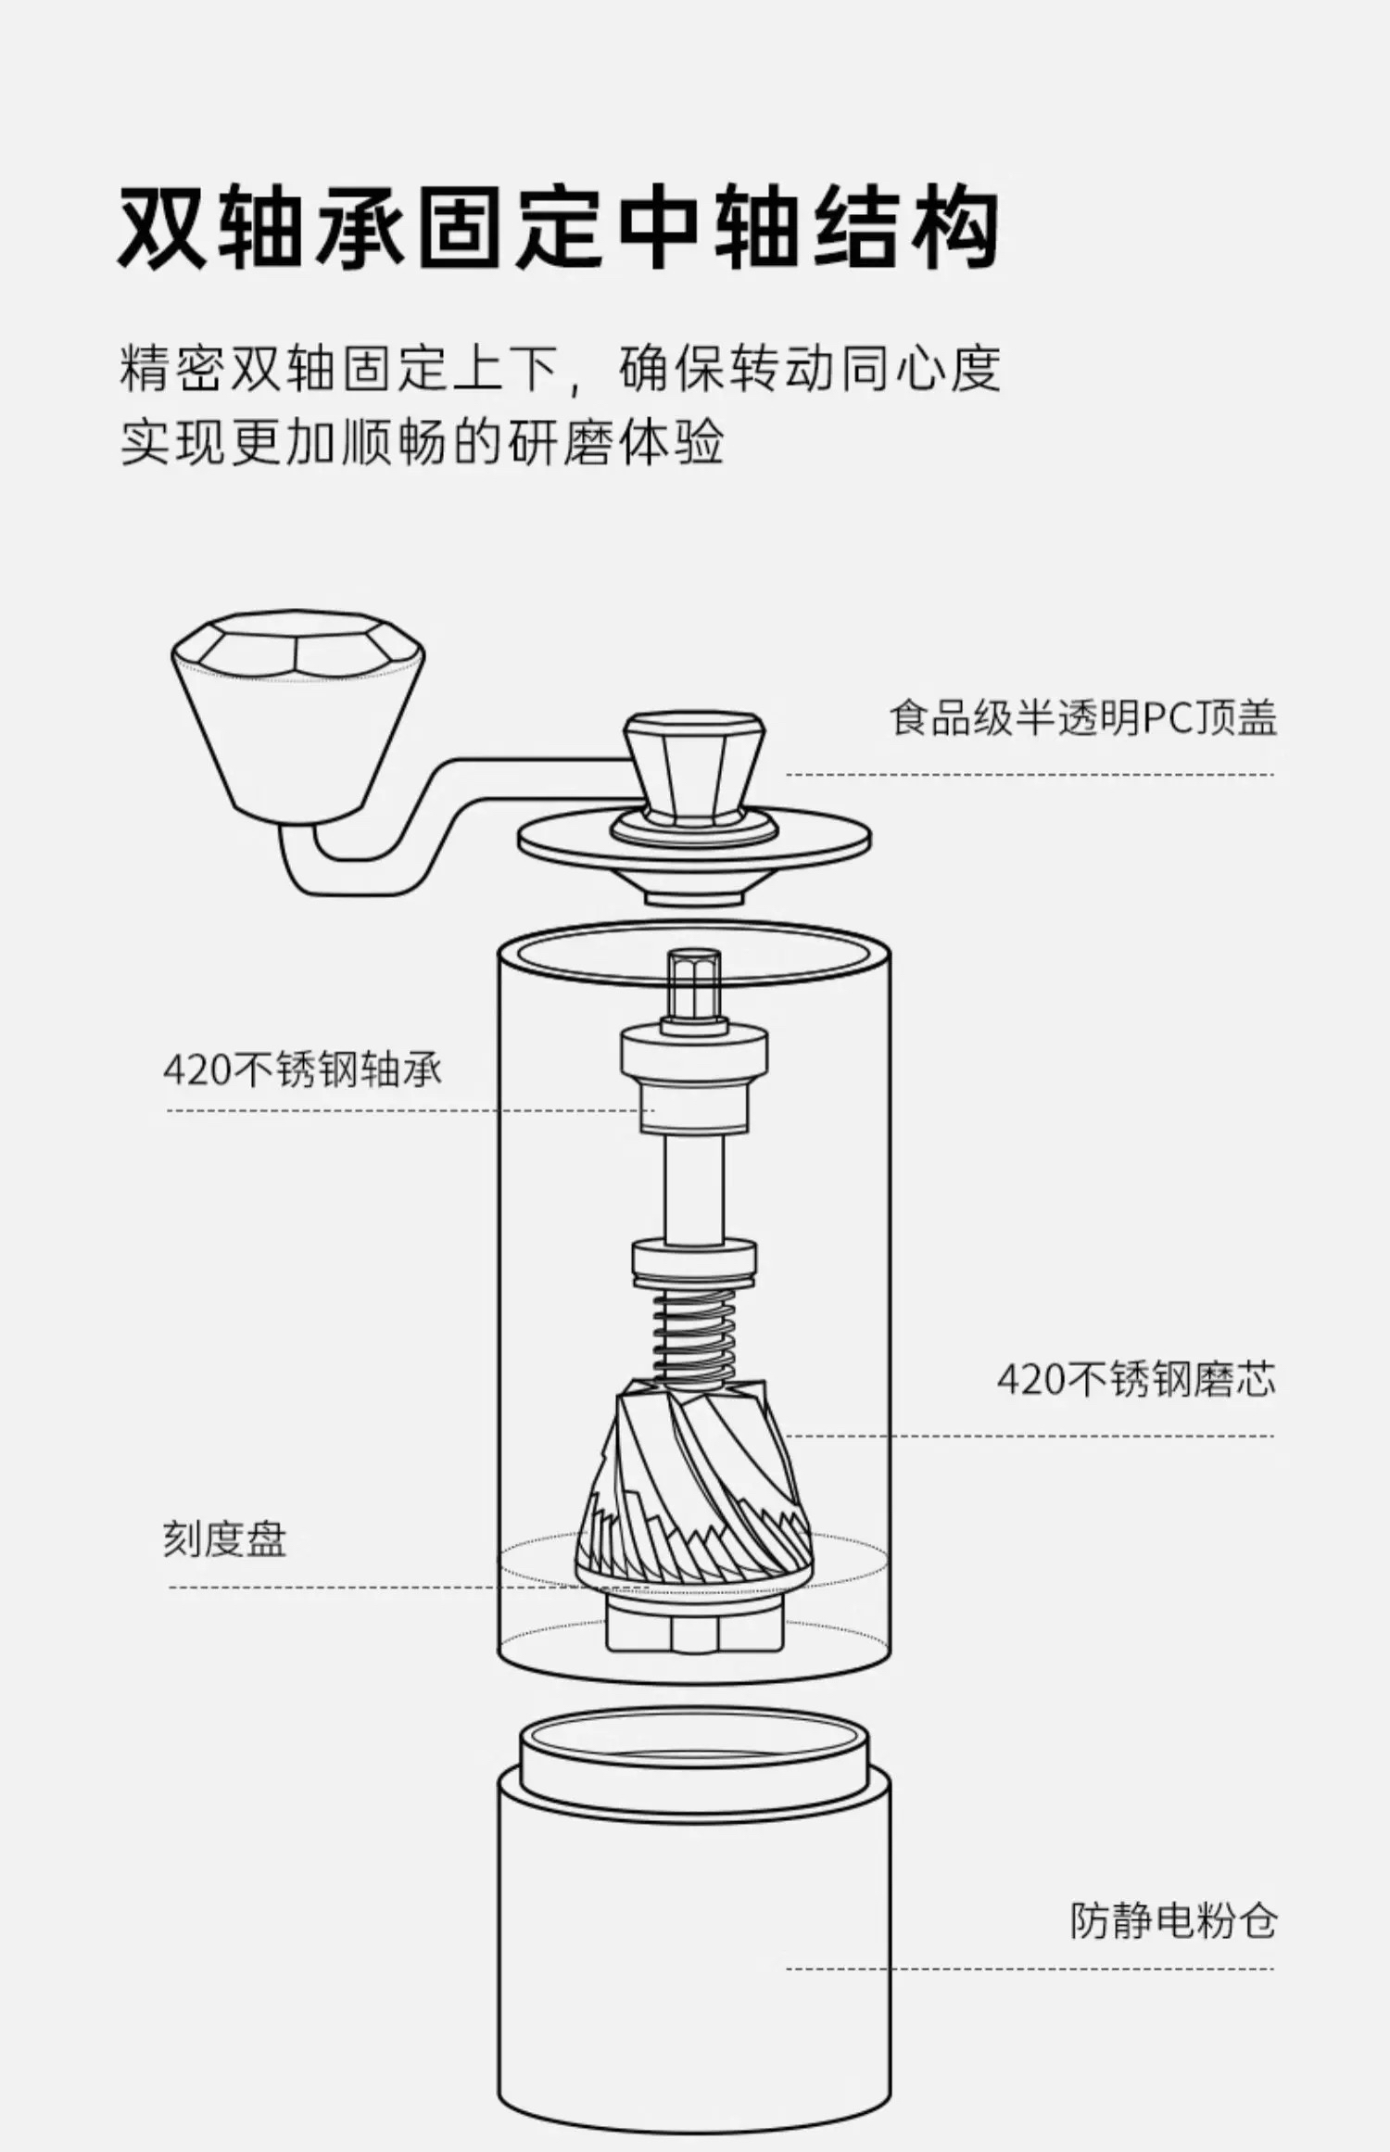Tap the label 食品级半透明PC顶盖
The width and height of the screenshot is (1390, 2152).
pos(1082,717)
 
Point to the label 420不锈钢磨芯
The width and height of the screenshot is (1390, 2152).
pos(1136,1379)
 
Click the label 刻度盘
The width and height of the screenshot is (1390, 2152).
pos(225,1539)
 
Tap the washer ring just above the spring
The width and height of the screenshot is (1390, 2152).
pos(694,1260)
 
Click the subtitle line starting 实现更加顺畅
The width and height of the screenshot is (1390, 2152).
pos(422,443)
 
